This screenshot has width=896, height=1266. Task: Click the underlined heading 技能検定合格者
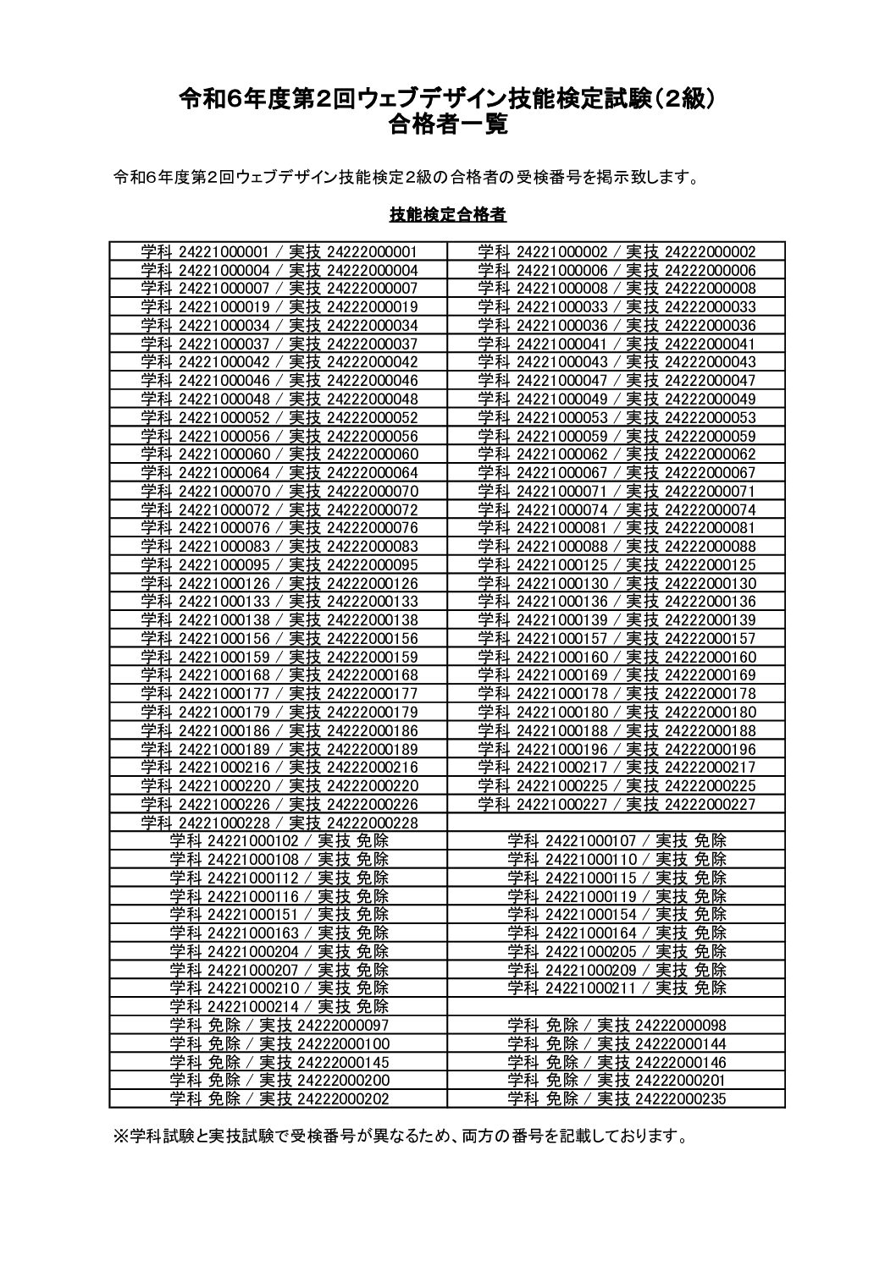[448, 215]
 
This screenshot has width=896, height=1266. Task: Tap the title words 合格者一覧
[448, 126]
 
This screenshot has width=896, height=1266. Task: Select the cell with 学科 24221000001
[279, 251]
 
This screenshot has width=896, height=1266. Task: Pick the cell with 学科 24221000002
[617, 251]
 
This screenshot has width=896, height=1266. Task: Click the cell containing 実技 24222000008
[617, 289]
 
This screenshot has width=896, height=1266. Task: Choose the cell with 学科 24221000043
[617, 362]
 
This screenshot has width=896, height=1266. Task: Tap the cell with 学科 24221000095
[279, 564]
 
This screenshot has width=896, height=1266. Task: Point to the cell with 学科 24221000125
[617, 564]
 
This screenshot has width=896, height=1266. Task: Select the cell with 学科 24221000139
[617, 619]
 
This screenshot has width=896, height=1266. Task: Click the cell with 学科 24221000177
[279, 694]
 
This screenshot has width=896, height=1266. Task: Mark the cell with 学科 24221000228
[279, 823]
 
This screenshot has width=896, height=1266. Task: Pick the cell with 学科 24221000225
[617, 785]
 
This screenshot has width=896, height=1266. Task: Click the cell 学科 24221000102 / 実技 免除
[279, 841]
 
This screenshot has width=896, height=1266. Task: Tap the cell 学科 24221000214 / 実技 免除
[279, 1006]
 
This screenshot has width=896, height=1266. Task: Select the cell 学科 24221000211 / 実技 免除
[617, 988]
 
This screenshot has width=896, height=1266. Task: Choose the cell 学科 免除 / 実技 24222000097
[279, 1025]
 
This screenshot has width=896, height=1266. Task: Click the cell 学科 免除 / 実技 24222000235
[617, 1098]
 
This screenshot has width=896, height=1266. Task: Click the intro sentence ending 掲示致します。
[406, 178]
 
